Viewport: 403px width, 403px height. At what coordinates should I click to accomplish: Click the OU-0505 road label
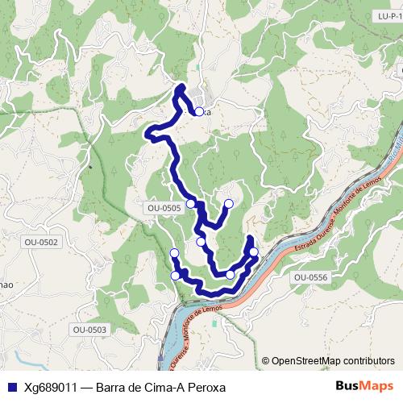point(164,208)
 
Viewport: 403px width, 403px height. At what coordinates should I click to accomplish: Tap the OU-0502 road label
point(42,242)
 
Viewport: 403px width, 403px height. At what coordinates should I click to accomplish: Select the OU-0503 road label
point(89,329)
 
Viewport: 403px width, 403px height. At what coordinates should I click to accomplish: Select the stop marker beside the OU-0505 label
point(191,204)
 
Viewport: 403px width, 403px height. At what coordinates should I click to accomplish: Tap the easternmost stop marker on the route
point(254,252)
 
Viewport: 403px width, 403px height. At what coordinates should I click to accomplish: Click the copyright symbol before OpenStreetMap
point(266,360)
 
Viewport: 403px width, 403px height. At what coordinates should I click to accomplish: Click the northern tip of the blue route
point(181,86)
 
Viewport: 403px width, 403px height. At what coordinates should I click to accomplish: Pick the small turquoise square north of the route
point(197,67)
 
